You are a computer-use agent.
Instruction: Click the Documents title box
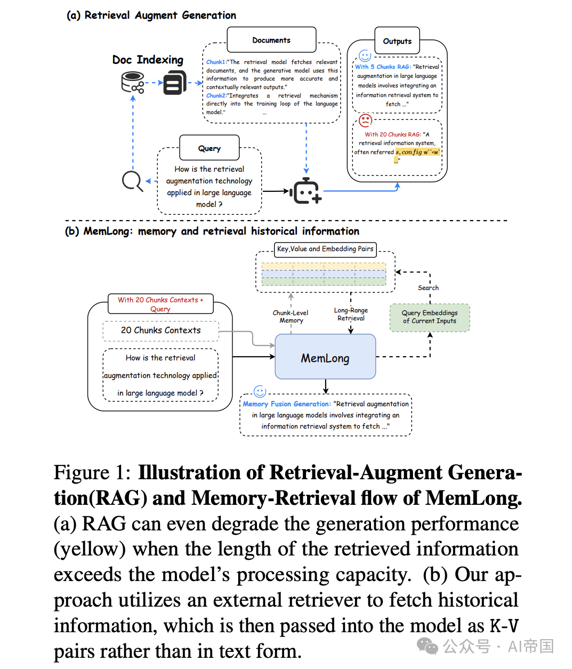(271, 39)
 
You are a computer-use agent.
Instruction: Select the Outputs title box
(397, 41)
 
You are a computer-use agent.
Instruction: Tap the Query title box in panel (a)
(209, 148)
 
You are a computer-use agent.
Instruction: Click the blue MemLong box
(325, 356)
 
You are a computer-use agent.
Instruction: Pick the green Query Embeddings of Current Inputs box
(430, 318)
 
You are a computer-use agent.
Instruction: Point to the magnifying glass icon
(132, 181)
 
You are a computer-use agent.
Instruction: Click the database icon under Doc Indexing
(132, 83)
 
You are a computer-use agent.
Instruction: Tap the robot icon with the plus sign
(305, 191)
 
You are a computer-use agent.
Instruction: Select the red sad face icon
(366, 120)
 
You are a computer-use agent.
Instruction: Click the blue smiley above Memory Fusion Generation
(260, 391)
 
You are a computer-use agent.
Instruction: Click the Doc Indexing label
(148, 60)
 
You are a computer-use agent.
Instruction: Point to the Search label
(428, 288)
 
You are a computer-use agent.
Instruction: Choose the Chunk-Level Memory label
(291, 317)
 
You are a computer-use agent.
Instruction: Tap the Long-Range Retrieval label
(351, 315)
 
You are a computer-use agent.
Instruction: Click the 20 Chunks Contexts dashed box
(160, 331)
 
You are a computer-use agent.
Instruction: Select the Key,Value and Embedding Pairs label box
(325, 249)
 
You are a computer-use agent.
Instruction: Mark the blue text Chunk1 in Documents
(215, 62)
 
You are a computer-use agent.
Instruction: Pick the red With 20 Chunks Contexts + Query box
(160, 304)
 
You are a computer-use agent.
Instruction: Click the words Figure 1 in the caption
(92, 472)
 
